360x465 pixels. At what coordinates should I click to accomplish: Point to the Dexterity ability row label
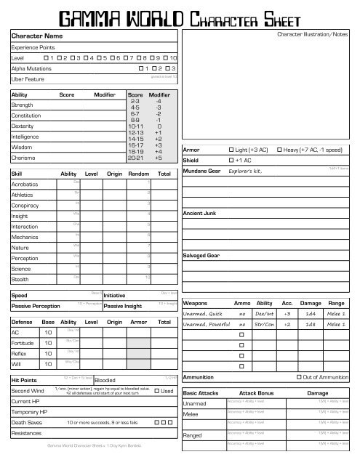tap(27, 125)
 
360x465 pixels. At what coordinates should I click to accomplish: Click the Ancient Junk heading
tap(202, 212)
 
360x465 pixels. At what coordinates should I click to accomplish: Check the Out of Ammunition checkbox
tap(300, 378)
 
